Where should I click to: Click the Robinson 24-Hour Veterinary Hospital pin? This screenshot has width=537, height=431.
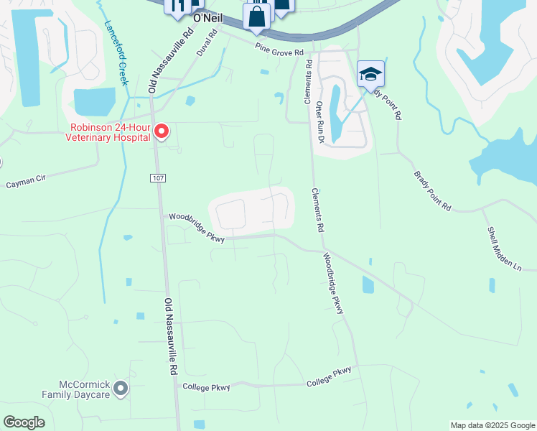click(162, 131)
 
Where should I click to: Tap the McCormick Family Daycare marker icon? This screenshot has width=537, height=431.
click(121, 389)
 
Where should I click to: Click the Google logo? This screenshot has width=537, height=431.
click(24, 422)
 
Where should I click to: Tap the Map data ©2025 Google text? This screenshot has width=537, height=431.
click(492, 425)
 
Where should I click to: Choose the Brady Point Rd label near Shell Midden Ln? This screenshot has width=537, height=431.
click(432, 191)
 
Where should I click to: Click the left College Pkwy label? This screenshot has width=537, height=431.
click(206, 387)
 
